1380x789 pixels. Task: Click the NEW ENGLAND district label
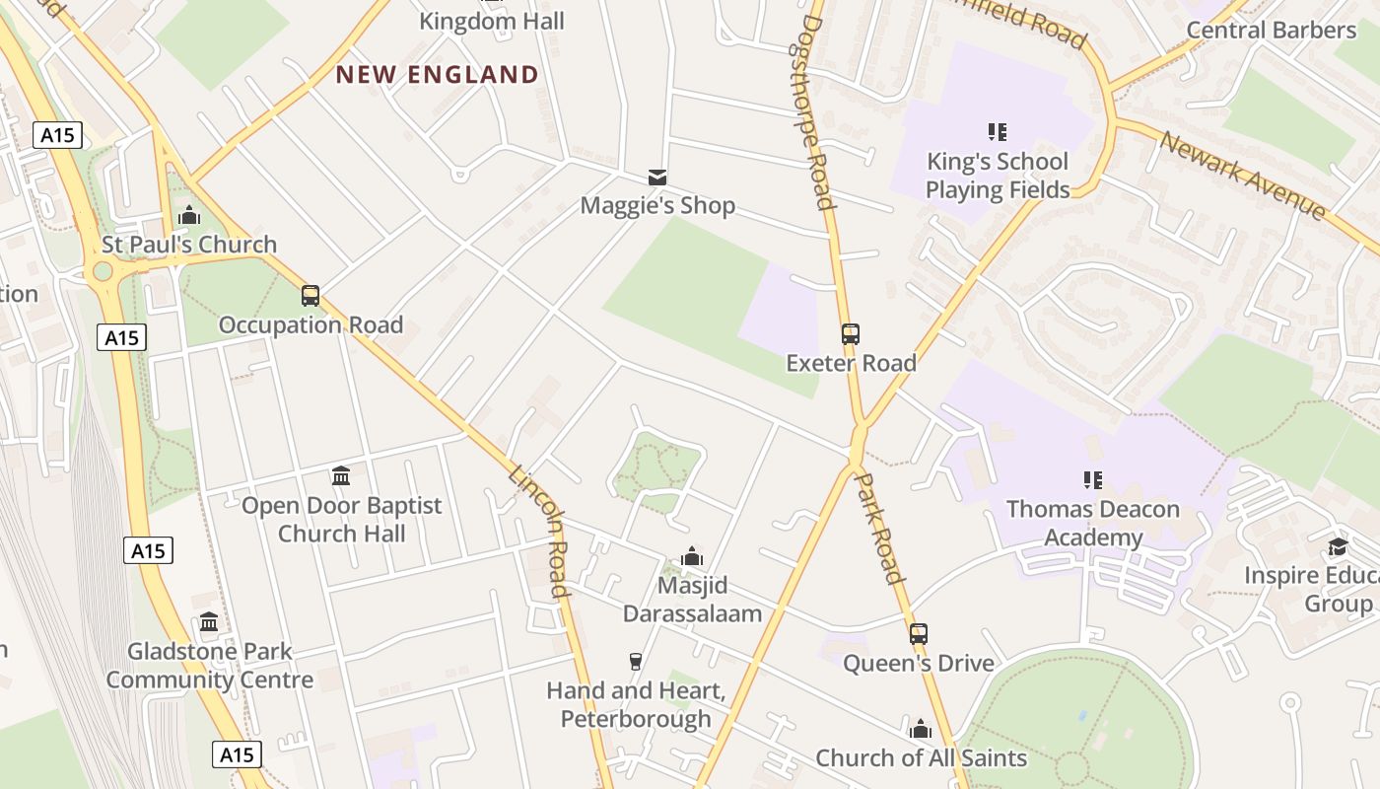tap(438, 75)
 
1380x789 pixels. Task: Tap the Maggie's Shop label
tap(657, 205)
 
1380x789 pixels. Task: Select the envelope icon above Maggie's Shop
tap(657, 178)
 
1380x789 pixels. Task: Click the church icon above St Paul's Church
tap(189, 214)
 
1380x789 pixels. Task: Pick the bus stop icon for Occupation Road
tap(310, 295)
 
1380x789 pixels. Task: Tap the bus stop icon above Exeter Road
tap(851, 333)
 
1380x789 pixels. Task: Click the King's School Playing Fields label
tap(998, 176)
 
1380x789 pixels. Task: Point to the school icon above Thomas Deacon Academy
tap(1092, 480)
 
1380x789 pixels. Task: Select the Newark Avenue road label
tap(1243, 176)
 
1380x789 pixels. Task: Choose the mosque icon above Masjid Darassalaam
tap(692, 556)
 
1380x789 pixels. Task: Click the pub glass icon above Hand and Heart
tap(636, 661)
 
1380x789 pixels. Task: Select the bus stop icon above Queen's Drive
tap(919, 633)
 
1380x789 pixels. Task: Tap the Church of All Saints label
tap(921, 757)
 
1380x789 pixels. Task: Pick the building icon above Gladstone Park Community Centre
tap(209, 622)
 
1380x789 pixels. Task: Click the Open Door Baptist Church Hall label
tap(342, 520)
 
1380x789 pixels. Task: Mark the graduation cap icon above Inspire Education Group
tap(1338, 547)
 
